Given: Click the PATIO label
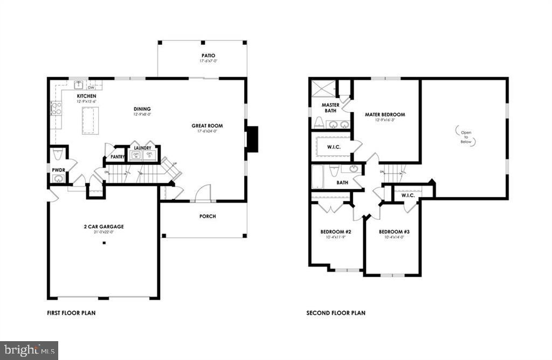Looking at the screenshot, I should tap(208, 55).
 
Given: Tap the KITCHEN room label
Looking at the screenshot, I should tap(86, 96).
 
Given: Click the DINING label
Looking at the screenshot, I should tap(142, 109).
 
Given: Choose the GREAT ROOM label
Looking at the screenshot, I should tap(207, 126).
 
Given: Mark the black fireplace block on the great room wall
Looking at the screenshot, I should tap(252, 136).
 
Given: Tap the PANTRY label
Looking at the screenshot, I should tap(118, 157).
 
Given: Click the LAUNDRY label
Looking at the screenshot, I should tap(142, 148).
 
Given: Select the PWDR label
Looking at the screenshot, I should tap(58, 170).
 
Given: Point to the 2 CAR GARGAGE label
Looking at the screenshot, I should tap(104, 227).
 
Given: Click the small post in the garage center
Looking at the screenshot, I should tap(104, 243).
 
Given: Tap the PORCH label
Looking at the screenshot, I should tap(208, 217).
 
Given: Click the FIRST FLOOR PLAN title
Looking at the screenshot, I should tap(71, 313).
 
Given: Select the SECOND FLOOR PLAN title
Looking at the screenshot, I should tap(335, 313).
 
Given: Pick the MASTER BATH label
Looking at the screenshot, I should tap(330, 108).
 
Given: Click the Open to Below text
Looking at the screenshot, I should tap(466, 135).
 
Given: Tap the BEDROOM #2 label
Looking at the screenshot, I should tap(336, 232).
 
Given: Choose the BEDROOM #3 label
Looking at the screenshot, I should tap(391, 232).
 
